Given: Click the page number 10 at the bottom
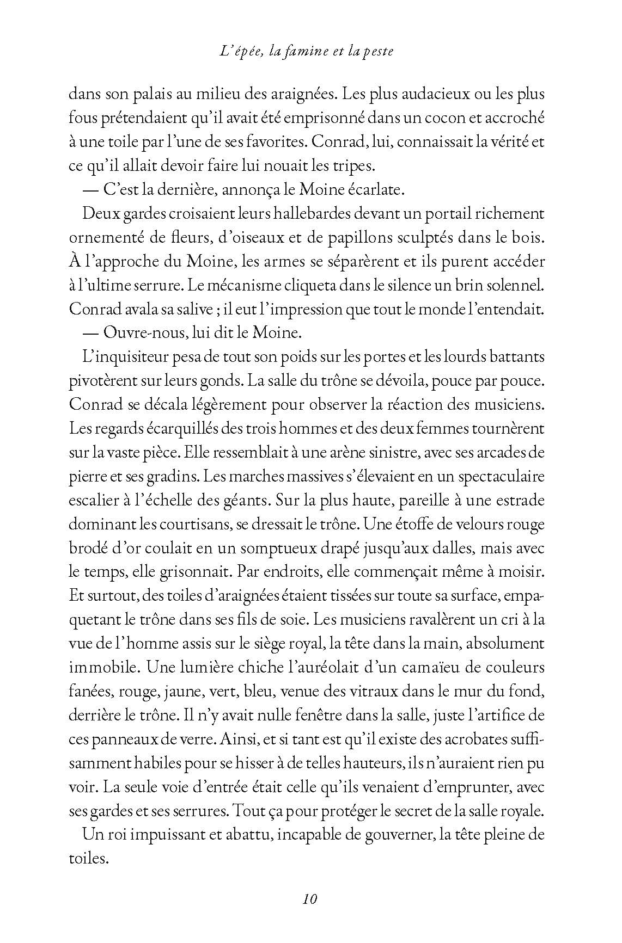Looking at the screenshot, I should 310,898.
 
